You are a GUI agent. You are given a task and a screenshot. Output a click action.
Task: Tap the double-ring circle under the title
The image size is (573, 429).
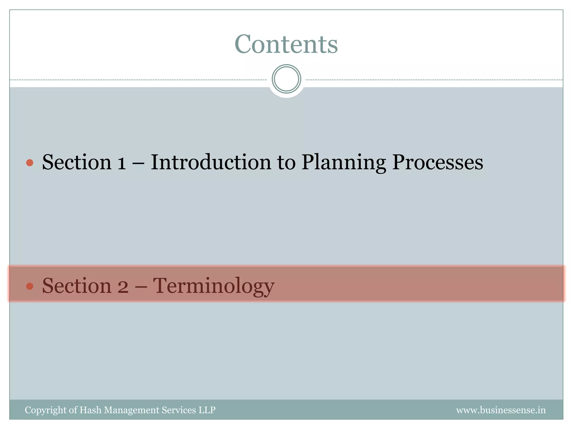click(x=286, y=79)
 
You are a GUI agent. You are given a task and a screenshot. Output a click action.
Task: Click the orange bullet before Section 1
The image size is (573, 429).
click(x=30, y=163)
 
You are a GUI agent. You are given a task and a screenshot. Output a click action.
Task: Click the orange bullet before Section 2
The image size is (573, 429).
click(x=30, y=286)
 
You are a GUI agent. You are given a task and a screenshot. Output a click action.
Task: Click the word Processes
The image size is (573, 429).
click(x=437, y=163)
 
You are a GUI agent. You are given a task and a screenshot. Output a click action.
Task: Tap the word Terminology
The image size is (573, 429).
click(x=214, y=286)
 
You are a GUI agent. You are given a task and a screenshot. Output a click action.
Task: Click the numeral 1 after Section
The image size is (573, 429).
click(x=121, y=163)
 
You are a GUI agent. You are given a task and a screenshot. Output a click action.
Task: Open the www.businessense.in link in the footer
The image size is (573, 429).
click(x=501, y=410)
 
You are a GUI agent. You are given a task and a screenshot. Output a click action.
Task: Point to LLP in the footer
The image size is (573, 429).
click(x=207, y=410)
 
